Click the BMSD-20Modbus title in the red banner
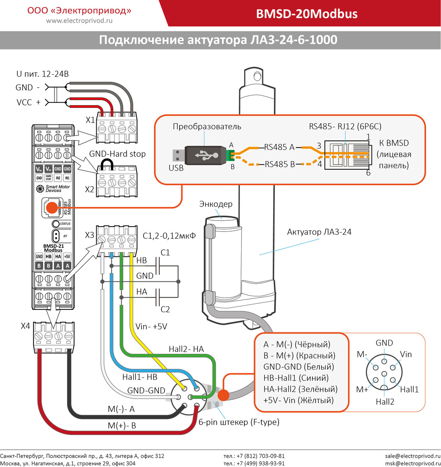point(307,14)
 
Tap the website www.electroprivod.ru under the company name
point(79,21)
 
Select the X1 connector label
point(90,120)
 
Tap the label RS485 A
point(279,147)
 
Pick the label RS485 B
point(280,164)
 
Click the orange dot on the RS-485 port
point(51,208)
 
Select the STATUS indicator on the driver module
point(56,224)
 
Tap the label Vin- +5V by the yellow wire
point(151,327)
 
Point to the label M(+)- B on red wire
point(122,426)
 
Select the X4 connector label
point(25,326)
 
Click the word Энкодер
point(216,204)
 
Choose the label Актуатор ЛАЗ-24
point(319,232)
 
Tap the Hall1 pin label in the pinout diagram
point(409,389)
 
